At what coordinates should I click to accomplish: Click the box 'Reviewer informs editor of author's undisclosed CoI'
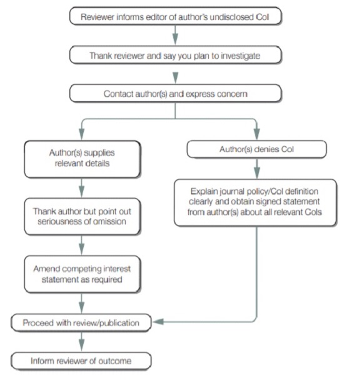(176, 16)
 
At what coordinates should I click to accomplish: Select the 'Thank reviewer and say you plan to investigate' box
(176, 55)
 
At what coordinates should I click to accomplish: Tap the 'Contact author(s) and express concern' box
(176, 93)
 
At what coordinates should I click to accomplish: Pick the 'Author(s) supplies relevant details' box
(83, 159)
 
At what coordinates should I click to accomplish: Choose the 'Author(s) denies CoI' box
(256, 149)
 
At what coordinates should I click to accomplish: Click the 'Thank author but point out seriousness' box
(83, 216)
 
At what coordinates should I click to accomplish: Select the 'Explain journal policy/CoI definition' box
(256, 202)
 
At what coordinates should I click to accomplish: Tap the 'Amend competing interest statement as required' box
(83, 274)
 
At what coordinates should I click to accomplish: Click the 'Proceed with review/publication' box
(81, 322)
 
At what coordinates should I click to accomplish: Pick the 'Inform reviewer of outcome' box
(81, 361)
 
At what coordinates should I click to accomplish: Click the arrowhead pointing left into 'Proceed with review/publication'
(158, 322)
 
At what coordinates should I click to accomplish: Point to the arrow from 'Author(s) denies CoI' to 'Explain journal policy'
(256, 169)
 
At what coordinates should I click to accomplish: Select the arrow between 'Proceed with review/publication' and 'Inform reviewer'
(82, 342)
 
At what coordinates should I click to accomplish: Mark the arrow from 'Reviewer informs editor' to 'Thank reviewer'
(175, 35)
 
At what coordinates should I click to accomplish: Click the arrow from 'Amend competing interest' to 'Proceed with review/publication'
(82, 303)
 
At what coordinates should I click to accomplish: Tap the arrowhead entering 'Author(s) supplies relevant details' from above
(82, 134)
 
